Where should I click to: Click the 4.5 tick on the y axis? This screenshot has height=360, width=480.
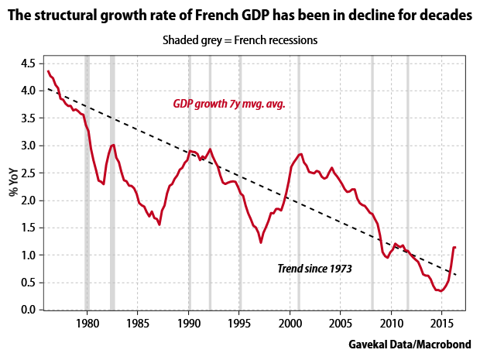tap(28, 63)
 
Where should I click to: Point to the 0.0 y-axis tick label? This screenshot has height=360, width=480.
tap(28, 310)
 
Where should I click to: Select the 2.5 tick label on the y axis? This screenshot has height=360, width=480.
tap(28, 173)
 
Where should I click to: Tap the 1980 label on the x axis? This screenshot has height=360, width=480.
tap(87, 324)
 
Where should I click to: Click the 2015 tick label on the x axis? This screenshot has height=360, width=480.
tap(442, 324)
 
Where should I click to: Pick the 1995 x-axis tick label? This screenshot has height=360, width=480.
tap(239, 324)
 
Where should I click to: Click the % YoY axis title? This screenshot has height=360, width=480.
tap(14, 183)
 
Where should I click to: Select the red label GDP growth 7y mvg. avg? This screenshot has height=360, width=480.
tap(229, 104)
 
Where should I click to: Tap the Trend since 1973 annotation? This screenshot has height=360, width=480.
tap(314, 269)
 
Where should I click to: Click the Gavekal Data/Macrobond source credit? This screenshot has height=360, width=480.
tap(410, 345)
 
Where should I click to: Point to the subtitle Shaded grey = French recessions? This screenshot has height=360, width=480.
tap(240, 40)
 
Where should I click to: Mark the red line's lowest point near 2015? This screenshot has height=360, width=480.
tap(441, 291)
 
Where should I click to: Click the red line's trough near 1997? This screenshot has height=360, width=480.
tap(261, 242)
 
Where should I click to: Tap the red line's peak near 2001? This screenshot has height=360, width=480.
tap(301, 154)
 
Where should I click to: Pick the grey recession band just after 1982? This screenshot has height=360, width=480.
tap(112, 183)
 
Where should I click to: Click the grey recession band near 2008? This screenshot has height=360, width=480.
tap(372, 183)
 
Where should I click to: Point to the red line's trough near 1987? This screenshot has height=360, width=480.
tap(159, 225)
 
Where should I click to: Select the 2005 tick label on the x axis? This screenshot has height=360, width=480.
tap(341, 324)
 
